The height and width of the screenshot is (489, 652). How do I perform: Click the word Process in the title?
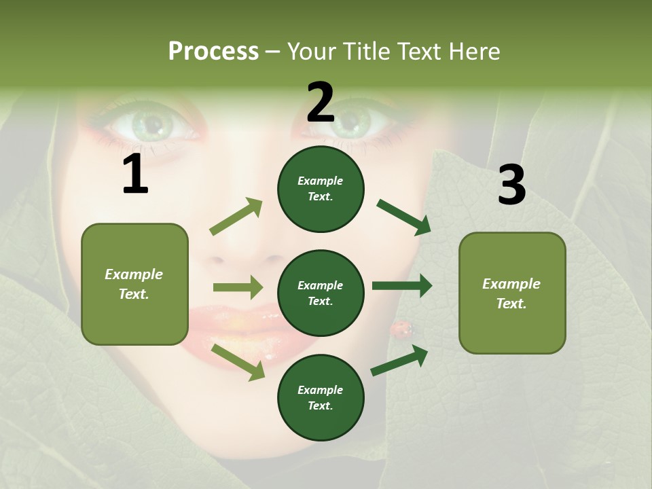click(x=213, y=52)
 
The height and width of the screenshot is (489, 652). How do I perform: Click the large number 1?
click(x=135, y=175)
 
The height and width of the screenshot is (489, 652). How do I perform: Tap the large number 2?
click(x=321, y=103)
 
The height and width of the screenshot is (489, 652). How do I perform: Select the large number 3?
click(x=511, y=185)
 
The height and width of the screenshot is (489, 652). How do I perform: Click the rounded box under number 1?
click(x=134, y=284)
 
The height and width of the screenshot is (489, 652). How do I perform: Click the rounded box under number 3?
click(x=512, y=293)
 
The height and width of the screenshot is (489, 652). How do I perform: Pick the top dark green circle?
click(x=321, y=189)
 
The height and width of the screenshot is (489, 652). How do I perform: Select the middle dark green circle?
click(x=321, y=293)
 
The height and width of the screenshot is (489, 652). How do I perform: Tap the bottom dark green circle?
click(x=321, y=397)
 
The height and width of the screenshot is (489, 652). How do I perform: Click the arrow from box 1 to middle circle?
click(x=238, y=287)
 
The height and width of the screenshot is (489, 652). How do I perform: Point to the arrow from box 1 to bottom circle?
click(x=238, y=362)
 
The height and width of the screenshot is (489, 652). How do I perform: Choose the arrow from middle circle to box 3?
click(x=401, y=286)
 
